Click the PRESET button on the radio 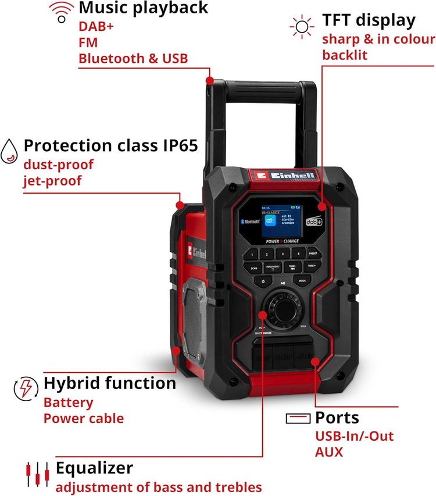[x=313, y=254]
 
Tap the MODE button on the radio [x=302, y=281]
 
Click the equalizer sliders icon [x=36, y=474]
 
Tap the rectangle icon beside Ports [x=298, y=419]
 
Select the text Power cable [x=84, y=418]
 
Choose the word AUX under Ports [x=329, y=451]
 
